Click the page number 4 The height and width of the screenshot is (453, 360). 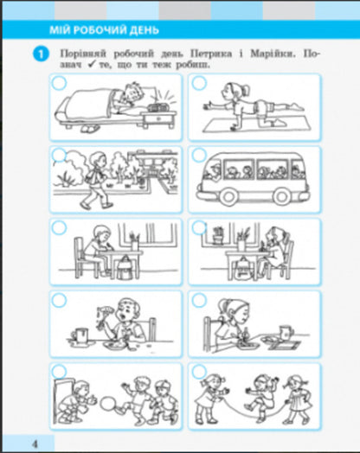[35, 443]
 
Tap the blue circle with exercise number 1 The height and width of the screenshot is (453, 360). [41, 54]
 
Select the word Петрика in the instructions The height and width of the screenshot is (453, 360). [211, 54]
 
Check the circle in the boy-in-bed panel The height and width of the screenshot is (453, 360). [59, 83]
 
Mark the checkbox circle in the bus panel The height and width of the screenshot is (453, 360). [199, 156]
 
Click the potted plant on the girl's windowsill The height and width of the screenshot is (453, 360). [219, 235]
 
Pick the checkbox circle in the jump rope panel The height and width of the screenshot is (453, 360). [199, 372]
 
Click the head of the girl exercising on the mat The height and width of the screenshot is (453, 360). [234, 90]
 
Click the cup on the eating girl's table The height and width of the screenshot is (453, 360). [286, 332]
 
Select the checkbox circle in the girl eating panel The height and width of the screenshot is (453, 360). [199, 300]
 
